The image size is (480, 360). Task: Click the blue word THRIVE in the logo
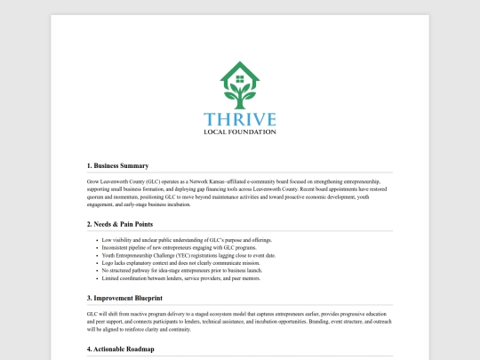click(240, 119)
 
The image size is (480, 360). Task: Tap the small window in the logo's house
click(240, 78)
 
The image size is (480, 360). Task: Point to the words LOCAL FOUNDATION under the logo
click(240, 132)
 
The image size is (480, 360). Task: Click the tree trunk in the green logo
click(240, 97)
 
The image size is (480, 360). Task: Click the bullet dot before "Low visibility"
click(96, 241)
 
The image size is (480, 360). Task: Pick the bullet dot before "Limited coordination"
click(96, 279)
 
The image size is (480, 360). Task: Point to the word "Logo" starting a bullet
click(108, 264)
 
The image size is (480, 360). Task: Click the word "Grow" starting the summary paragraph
click(93, 180)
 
